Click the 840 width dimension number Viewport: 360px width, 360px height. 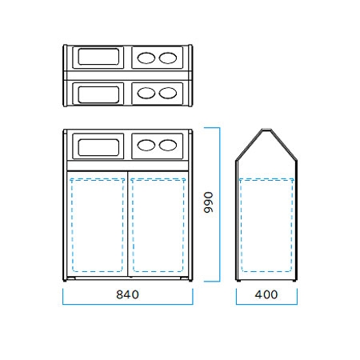click(x=127, y=294)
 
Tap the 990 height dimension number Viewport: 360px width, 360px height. click(x=208, y=202)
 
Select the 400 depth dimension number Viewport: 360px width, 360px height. click(x=266, y=294)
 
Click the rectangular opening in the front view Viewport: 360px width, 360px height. click(x=98, y=147)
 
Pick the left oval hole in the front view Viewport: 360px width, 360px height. click(x=146, y=146)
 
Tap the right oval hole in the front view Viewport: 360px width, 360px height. click(x=168, y=146)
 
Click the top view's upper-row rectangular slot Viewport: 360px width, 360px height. click(x=98, y=57)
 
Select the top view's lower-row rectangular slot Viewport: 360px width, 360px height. click(x=98, y=94)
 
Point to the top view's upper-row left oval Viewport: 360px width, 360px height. click(x=146, y=58)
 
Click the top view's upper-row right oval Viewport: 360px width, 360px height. click(x=168, y=58)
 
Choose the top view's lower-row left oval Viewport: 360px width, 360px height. click(x=146, y=93)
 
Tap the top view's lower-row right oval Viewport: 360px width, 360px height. click(x=168, y=93)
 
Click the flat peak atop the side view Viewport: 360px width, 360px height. click(x=266, y=130)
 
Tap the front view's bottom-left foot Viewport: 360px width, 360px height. click(x=65, y=281)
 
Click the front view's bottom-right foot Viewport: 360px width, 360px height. click(x=190, y=281)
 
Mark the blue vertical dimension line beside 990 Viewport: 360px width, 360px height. click(x=220, y=204)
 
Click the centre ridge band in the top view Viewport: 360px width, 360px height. click(x=127, y=75)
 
